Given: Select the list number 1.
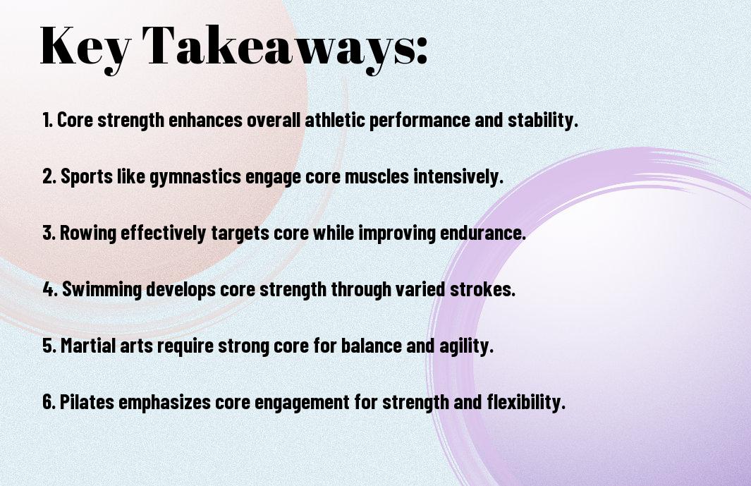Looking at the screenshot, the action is pyautogui.click(x=47, y=120).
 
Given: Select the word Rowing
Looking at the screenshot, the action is pyautogui.click(x=88, y=233).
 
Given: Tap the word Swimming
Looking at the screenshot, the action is pyautogui.click(x=102, y=290).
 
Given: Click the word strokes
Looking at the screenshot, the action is pyautogui.click(x=482, y=289).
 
